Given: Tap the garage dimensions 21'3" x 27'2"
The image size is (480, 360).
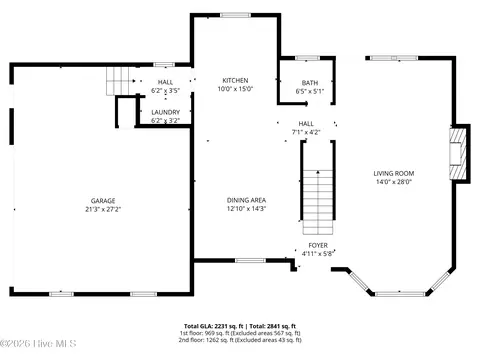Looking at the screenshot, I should pos(103,210).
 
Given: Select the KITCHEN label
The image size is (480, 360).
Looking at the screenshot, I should pos(235,80).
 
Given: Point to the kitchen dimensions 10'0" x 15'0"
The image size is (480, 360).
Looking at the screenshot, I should pos(235,88).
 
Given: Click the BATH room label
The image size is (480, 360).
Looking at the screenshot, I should pos(309,83).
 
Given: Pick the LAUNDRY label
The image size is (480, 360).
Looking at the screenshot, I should pos(165,112).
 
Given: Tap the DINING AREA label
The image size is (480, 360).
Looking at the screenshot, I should pos(245,200).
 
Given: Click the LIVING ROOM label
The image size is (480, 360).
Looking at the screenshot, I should pos(394,173).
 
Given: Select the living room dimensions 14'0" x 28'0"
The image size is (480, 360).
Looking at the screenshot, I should pos(394,181).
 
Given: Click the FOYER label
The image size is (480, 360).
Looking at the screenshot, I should pos(317,245).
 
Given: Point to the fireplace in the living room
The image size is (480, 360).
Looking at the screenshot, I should pos(458,154).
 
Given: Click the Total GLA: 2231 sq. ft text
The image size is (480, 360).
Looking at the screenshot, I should pos(212,326).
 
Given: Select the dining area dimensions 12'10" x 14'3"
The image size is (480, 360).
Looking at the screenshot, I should pos(245,208).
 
